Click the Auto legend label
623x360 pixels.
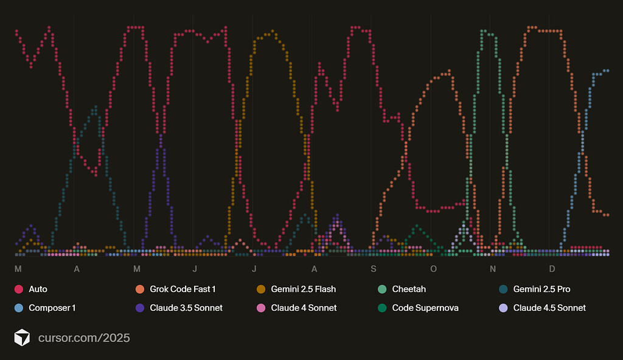coord(38,289)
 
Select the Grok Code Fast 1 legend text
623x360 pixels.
coord(183,289)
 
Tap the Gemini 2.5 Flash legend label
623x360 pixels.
coord(303,289)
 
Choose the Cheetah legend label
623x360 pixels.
coord(409,289)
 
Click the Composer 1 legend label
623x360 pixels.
coord(52,308)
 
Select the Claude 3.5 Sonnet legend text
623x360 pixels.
coord(186,308)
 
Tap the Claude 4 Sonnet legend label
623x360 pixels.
coord(304,308)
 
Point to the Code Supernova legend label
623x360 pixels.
coord(425,308)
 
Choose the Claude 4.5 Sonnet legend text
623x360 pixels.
coord(549,308)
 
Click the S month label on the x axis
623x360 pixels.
coord(373,269)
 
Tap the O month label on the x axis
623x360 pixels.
coord(433,269)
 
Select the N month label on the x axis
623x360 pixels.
coord(493,269)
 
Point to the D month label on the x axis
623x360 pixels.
coord(552,269)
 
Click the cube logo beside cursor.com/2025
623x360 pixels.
coord(23,337)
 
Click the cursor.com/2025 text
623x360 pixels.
coord(84,337)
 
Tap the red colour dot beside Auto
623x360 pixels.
coord(18,289)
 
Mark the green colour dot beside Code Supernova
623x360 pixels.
coord(382,308)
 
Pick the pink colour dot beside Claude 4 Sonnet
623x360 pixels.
coord(261,308)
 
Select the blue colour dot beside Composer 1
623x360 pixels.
coord(18,308)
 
